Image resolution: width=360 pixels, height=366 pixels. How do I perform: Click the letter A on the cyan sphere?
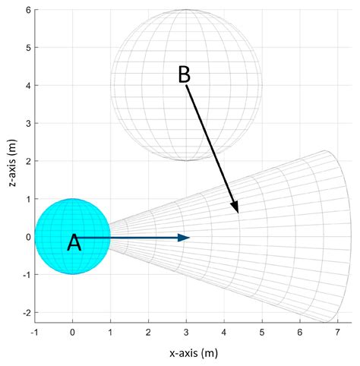pos(74,242)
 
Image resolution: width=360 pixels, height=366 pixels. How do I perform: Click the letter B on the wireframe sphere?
pos(184,74)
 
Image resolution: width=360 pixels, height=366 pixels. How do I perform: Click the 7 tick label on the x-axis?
pos(338,332)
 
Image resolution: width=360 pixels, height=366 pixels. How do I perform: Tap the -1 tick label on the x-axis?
pos(34,332)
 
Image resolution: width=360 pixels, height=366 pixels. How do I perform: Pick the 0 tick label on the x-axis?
pos(73,332)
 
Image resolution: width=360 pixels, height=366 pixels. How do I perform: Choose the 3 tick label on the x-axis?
pos(187,332)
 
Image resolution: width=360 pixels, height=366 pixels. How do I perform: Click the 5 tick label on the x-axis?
pos(262,332)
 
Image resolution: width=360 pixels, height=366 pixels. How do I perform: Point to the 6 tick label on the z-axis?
pos(27,11)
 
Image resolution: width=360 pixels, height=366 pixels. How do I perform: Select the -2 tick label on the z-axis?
pos(26,313)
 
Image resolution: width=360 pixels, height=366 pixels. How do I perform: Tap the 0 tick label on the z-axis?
pos(27,238)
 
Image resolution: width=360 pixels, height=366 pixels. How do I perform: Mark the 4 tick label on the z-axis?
pos(27,86)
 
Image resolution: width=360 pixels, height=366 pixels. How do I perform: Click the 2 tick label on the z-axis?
pos(27,162)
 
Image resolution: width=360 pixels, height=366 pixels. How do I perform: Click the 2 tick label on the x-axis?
pos(149,332)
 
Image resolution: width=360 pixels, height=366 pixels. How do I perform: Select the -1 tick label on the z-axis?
pos(26,275)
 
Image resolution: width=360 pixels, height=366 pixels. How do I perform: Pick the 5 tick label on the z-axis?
pos(27,48)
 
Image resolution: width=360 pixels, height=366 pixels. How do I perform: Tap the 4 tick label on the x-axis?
pos(225,332)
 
